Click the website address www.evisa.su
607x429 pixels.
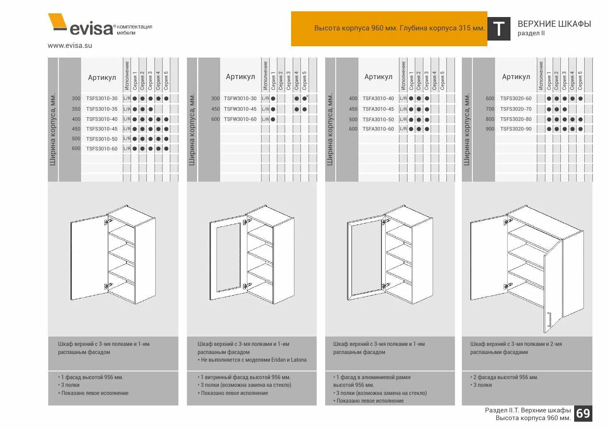(x=70, y=45)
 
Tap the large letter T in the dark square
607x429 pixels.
(x=498, y=29)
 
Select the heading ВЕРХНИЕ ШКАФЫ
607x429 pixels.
(x=554, y=24)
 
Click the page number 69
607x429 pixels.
(x=583, y=413)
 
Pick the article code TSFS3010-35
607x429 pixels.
(x=102, y=109)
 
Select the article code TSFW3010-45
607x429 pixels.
(x=240, y=109)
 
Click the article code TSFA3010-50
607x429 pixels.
(x=378, y=120)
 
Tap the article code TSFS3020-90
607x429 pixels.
(x=515, y=129)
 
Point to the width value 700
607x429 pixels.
(x=490, y=109)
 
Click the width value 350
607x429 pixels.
(x=76, y=109)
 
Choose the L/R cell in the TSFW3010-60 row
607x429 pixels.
(x=265, y=119)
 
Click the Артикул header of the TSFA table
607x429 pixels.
(x=378, y=77)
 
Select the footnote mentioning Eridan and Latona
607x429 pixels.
(x=252, y=360)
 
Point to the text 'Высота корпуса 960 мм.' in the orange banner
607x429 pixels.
(x=356, y=28)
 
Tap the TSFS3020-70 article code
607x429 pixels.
(x=515, y=109)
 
